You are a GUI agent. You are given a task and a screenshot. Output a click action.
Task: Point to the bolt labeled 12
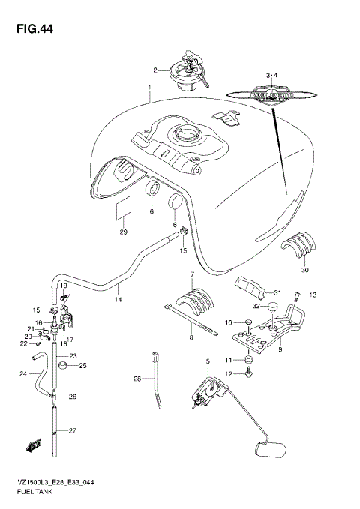[x=248, y=373]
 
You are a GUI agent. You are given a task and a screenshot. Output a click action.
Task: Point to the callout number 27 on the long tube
[x=73, y=430]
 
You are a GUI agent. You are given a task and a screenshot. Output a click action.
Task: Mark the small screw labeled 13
[x=300, y=295]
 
